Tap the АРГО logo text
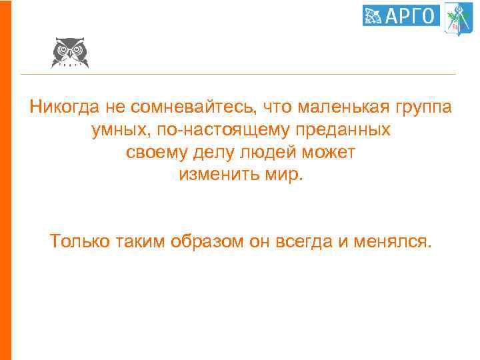coord(410,15)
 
